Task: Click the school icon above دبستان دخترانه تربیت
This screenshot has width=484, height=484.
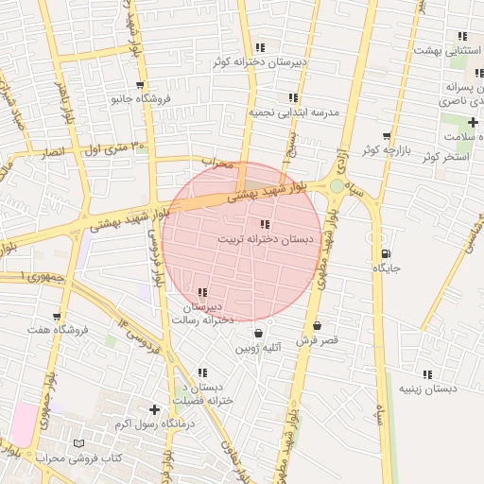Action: pyautogui.click(x=263, y=224)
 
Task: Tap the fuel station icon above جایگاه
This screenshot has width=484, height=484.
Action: pyautogui.click(x=385, y=253)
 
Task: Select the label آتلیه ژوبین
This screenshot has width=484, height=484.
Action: pyautogui.click(x=259, y=349)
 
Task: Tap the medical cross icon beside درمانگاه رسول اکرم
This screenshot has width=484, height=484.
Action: pyautogui.click(x=154, y=409)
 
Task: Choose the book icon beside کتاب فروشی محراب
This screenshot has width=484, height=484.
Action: pyautogui.click(x=78, y=443)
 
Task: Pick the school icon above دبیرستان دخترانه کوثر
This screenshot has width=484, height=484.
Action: pyautogui.click(x=260, y=47)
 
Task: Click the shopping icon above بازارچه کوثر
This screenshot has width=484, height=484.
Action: pyautogui.click(x=386, y=136)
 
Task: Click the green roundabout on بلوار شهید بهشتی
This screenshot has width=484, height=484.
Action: pyautogui.click(x=337, y=186)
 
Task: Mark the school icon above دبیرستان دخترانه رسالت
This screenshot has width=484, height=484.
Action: pyautogui.click(x=202, y=293)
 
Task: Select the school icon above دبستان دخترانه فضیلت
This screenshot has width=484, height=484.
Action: pyautogui.click(x=201, y=373)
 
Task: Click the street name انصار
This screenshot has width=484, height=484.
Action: pyautogui.click(x=54, y=151)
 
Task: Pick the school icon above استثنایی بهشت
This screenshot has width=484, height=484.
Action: pyautogui.click(x=462, y=36)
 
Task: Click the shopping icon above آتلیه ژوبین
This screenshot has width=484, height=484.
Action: pyautogui.click(x=258, y=334)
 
